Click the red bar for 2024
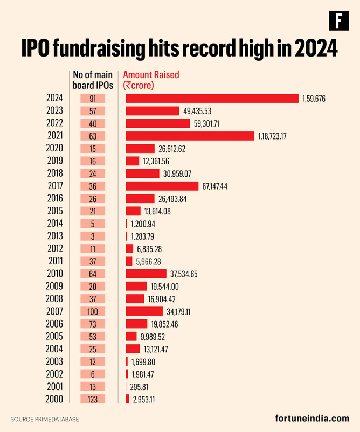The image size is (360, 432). click(212, 98)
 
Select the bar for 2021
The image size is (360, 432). click(189, 136)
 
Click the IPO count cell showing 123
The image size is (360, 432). click(92, 399)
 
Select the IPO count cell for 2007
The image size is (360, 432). click(92, 311)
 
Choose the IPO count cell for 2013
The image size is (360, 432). click(92, 236)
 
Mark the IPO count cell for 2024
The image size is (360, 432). click(92, 98)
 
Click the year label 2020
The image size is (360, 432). click(54, 148)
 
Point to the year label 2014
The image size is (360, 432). click(54, 224)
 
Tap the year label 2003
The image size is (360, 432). click(54, 361)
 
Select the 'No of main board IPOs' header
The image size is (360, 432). click(92, 80)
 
